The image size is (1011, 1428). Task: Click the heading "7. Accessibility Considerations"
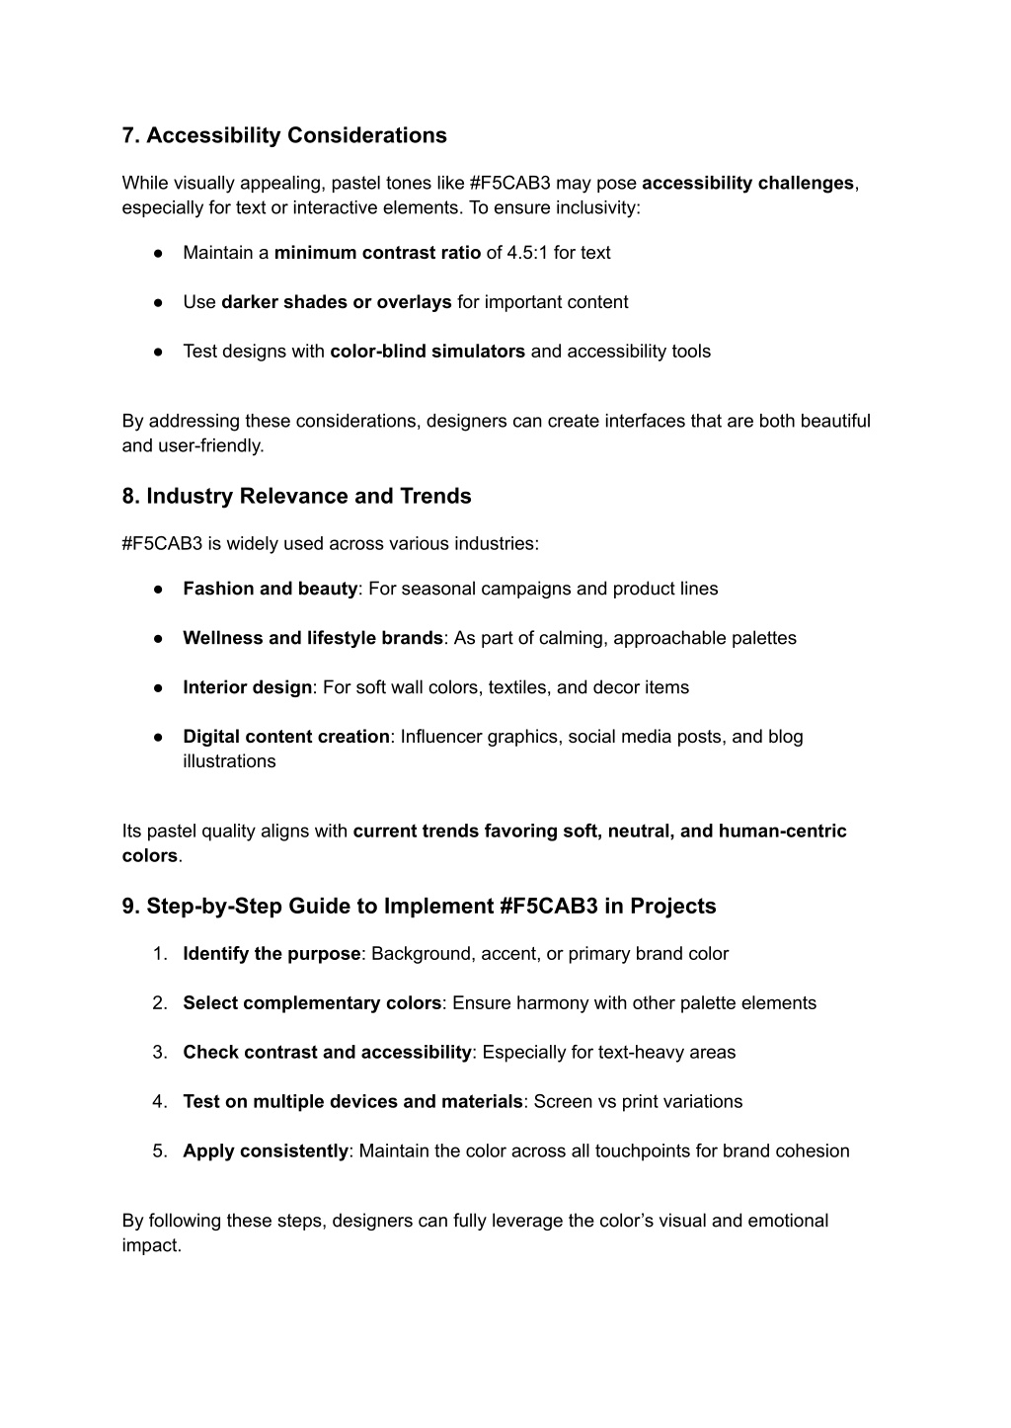[284, 135]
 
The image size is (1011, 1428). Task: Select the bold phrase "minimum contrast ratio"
[377, 253]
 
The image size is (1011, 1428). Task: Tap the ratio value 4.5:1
[527, 253]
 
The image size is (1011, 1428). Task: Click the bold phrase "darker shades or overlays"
[336, 302]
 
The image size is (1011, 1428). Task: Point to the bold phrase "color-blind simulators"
[427, 352]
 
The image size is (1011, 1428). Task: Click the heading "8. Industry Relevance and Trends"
[296, 496]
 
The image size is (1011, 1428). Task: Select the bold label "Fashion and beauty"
[270, 589]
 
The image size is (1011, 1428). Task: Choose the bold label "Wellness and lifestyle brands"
[312, 638]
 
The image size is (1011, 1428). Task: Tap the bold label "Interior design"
[247, 687]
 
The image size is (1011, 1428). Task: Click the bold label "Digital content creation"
[286, 737]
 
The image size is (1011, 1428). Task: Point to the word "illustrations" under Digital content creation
[229, 761]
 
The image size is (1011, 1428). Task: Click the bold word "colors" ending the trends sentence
[150, 856]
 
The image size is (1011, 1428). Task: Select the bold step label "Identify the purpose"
[272, 954]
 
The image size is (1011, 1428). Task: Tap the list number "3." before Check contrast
[160, 1053]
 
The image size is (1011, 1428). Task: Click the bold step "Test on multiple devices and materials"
[352, 1102]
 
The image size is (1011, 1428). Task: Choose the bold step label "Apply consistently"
[266, 1151]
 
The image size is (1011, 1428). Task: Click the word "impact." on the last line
[152, 1245]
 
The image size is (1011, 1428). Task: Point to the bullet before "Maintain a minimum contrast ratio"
[158, 253]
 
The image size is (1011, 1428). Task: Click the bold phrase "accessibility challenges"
[747, 183]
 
